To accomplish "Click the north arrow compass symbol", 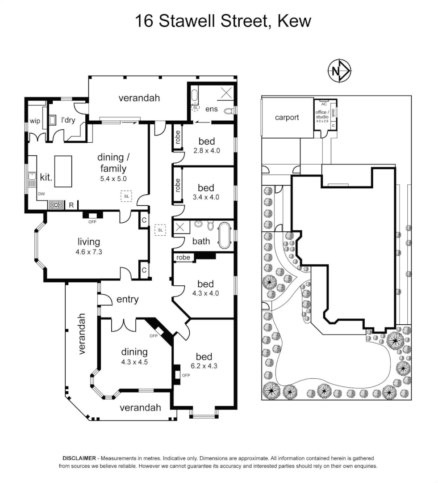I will tap(340, 71).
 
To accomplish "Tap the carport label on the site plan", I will tap(287, 117).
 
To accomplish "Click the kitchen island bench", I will tap(63, 171).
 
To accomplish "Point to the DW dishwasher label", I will tap(41, 194).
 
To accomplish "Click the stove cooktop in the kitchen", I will tap(56, 205).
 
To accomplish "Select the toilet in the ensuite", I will tap(228, 110).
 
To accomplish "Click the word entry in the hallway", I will tap(127, 299).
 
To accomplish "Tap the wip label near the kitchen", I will tap(35, 121).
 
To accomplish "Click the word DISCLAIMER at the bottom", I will tap(79, 458).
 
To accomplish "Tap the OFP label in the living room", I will tap(93, 221).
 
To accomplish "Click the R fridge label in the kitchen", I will tap(71, 205).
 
